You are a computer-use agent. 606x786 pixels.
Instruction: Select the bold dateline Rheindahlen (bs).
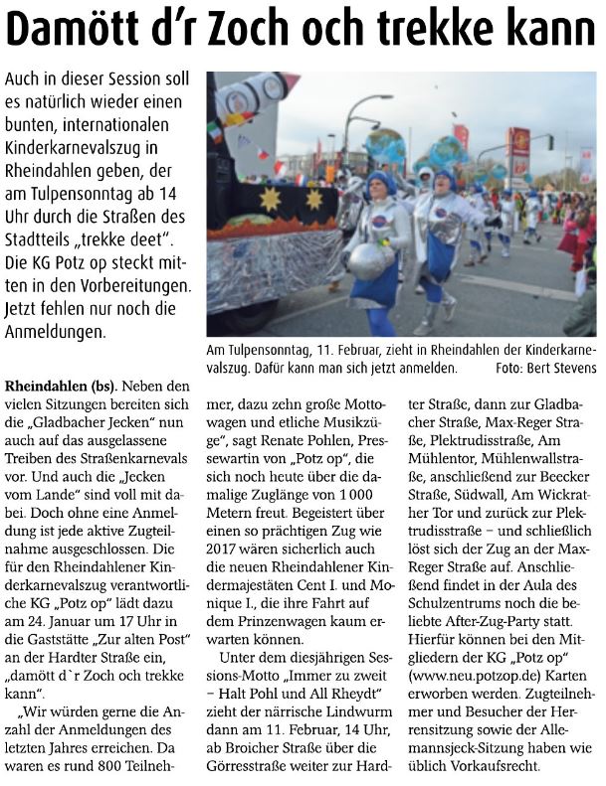tap(61, 384)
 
